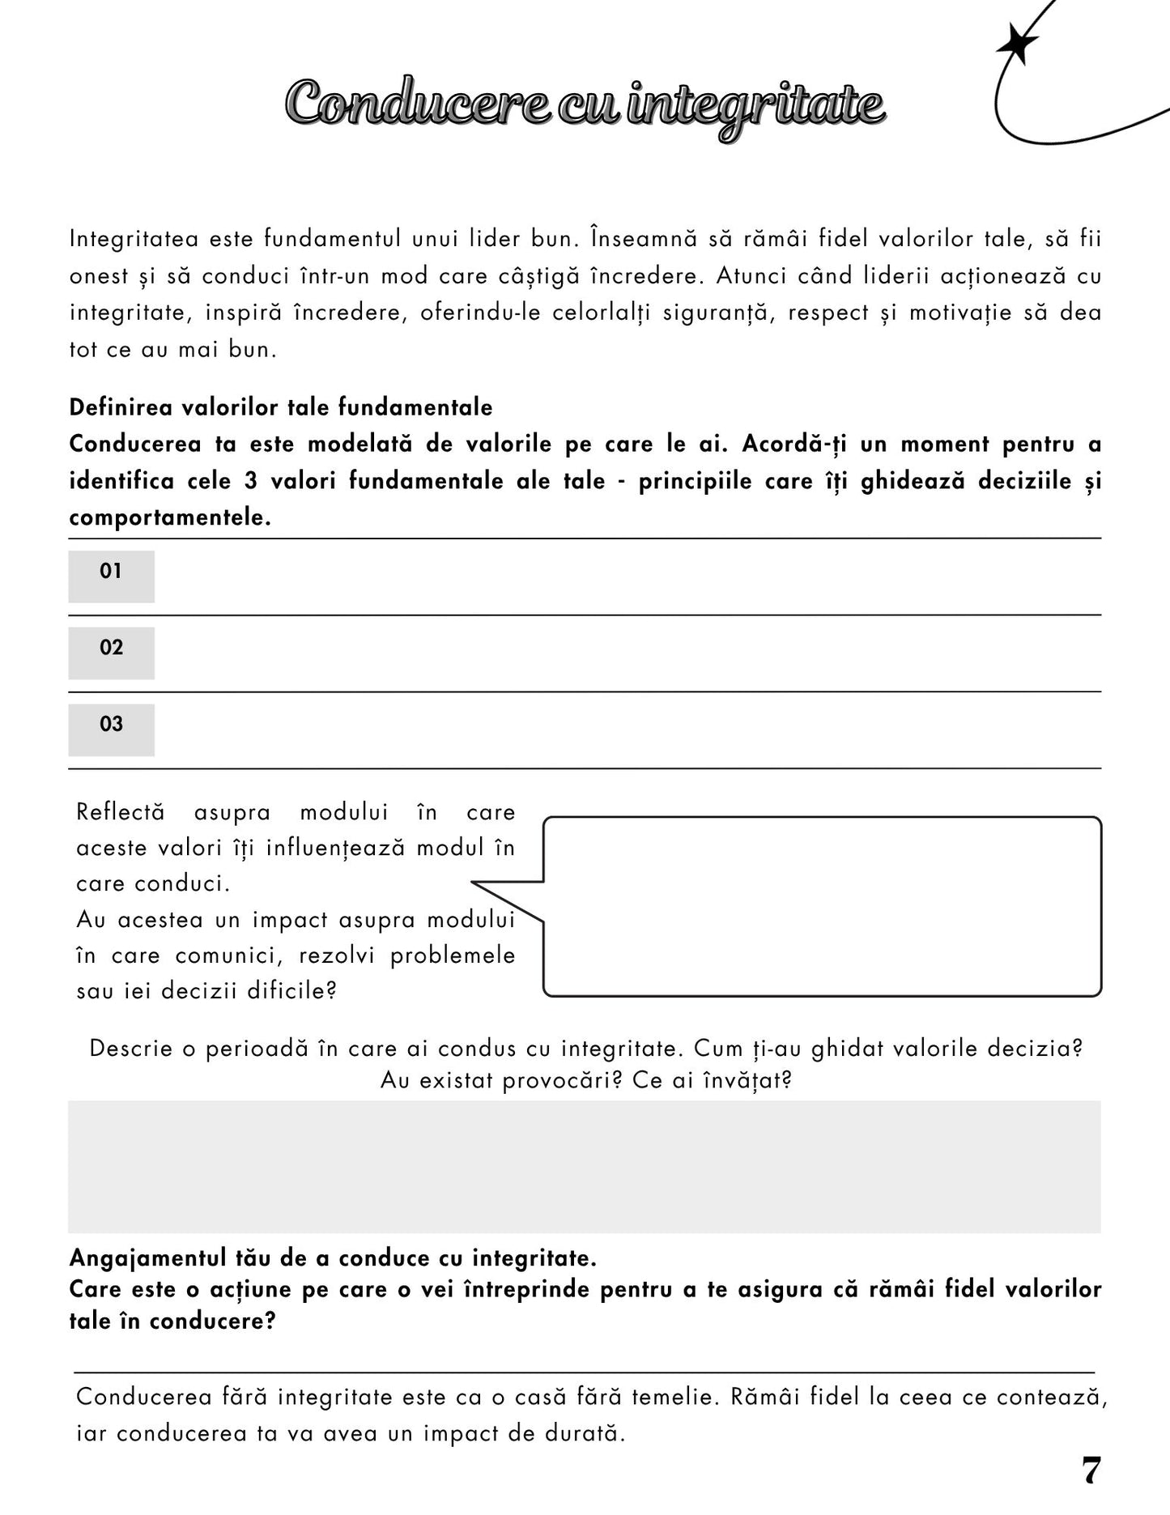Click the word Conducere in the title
(415, 104)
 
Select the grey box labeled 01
(111, 576)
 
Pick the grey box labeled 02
(111, 652)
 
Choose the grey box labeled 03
(111, 729)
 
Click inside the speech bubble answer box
(822, 906)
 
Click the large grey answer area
(584, 1166)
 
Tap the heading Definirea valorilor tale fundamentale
(280, 406)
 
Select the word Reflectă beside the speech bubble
(120, 811)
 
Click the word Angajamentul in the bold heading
(147, 1258)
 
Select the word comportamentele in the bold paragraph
(169, 517)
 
